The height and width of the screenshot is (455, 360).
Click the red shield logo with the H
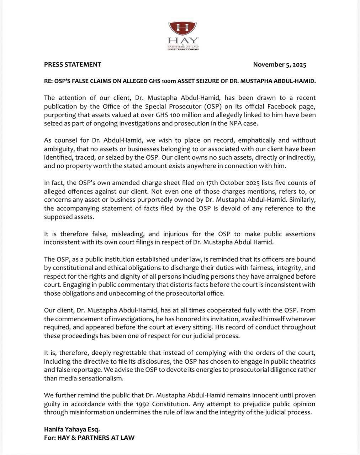pos(182,28)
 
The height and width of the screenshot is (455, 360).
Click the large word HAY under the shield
pos(183,41)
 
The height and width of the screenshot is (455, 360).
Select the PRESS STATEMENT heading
pos(73,65)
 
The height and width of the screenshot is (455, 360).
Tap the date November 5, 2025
pos(280,65)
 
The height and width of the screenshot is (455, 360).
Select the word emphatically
pos(257,140)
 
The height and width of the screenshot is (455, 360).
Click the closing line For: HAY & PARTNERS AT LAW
pos(89,438)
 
